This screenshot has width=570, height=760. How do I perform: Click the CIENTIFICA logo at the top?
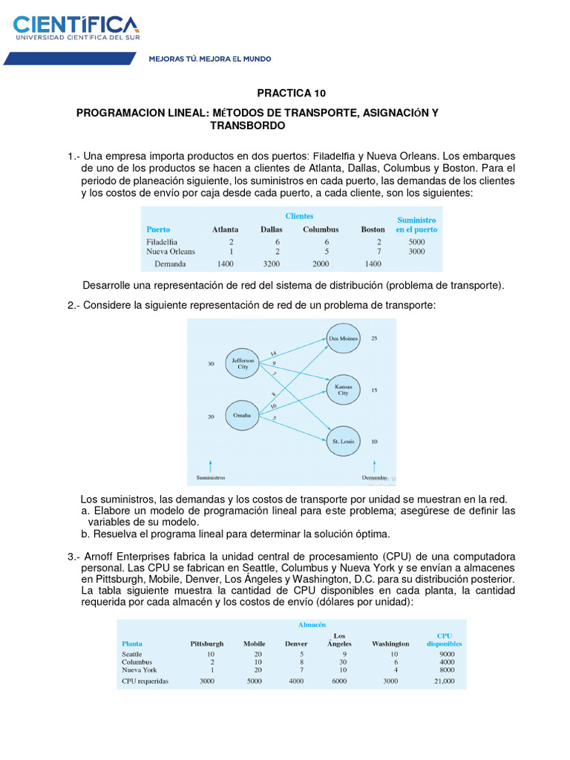click(76, 26)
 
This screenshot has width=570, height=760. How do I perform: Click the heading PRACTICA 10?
click(291, 94)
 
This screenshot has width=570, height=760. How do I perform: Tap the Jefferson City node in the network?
click(244, 363)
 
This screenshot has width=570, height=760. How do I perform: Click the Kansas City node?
click(343, 390)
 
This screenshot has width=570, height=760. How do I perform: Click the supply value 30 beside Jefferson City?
click(211, 364)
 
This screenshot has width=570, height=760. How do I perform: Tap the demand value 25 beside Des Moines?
click(374, 338)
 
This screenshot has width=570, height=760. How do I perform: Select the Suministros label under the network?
click(210, 477)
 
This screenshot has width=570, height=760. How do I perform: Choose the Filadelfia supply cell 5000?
click(416, 241)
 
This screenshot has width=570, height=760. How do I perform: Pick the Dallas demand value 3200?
click(271, 263)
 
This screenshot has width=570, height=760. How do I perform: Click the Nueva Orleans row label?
click(171, 252)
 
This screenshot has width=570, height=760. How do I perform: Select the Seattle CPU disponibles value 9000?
click(446, 654)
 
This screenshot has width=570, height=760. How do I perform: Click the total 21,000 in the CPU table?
click(444, 681)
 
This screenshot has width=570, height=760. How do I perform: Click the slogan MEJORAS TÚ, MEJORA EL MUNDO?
click(210, 58)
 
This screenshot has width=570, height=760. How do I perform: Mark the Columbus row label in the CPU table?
click(137, 662)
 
